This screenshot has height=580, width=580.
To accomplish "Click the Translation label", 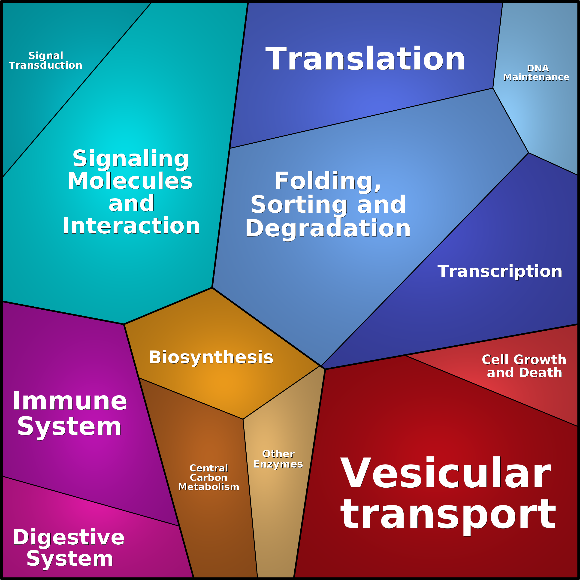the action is (x=365, y=59).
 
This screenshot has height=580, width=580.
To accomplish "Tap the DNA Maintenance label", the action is (x=536, y=73).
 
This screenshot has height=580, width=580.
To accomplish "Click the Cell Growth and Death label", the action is (x=524, y=366).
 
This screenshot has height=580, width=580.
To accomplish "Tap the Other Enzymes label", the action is (x=278, y=459).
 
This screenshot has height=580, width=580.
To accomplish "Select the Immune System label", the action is (x=70, y=414).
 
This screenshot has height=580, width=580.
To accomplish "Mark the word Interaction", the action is (x=131, y=226).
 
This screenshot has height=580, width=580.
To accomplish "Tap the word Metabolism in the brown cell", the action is (x=209, y=487).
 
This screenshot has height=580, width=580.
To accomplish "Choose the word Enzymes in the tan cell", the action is (x=278, y=464).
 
